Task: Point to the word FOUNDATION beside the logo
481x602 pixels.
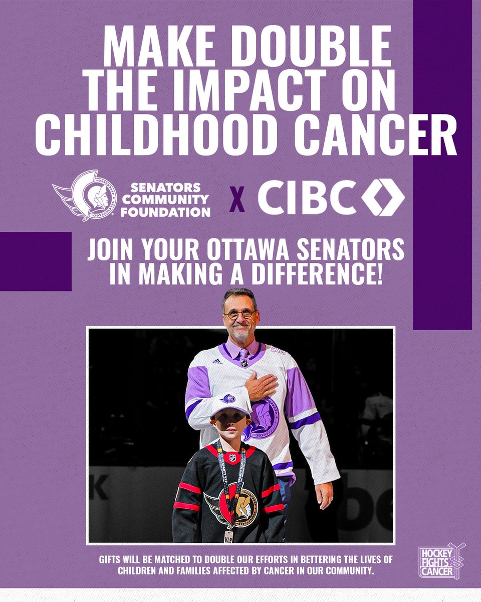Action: [171, 212]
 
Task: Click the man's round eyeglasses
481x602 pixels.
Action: [240, 314]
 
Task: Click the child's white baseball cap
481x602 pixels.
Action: [229, 403]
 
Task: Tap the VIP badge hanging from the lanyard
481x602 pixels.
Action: [229, 536]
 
